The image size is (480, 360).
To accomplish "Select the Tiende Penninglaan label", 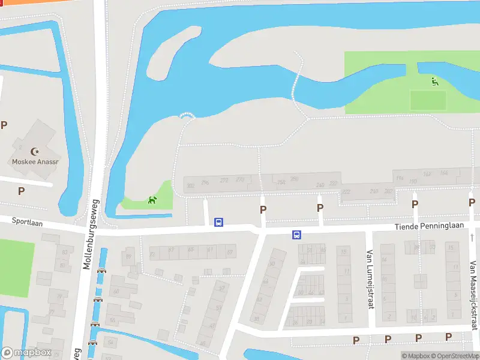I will coord(429,226).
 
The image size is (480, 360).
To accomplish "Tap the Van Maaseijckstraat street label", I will coord(473,296).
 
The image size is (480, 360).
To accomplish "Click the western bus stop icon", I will coord(219,222).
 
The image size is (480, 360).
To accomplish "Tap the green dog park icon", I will coord(153,200).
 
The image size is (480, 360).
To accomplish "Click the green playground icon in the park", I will coord(434,81).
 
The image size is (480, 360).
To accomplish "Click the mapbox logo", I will coord(26,353).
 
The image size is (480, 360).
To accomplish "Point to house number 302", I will coord(191,187).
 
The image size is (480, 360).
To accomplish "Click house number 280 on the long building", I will coord(294,179).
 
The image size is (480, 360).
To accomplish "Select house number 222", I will coord(346,191).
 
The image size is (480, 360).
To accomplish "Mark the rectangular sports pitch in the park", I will coord(428,100).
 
